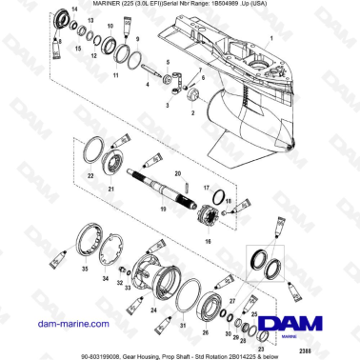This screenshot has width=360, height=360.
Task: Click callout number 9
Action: point(139,41)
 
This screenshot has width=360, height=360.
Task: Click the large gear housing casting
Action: point(276,95)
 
